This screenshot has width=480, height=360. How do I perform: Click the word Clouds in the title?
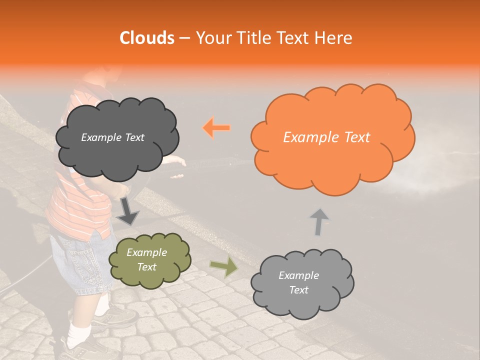tap(146, 38)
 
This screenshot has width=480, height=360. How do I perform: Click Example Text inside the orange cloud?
tap(326, 137)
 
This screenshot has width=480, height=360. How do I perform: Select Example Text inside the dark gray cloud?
tap(112, 137)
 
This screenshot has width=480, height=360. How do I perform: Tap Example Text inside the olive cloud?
tap(147, 260)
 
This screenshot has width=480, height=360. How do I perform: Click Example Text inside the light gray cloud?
tap(298, 282)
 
